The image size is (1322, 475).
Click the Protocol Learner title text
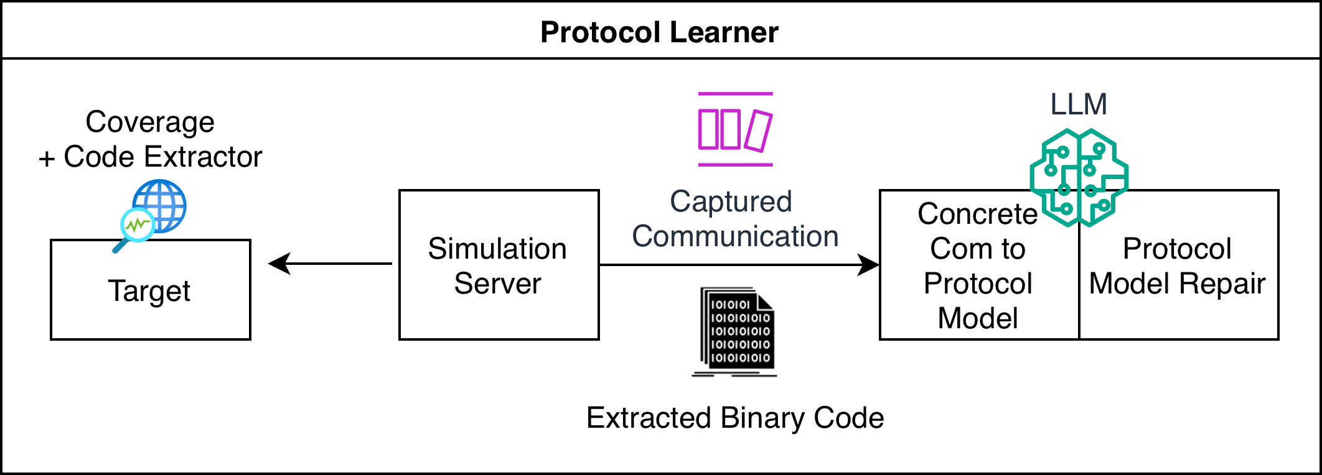[x=659, y=32]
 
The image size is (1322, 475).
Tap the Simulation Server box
[x=498, y=265]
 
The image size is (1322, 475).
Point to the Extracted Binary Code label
[x=735, y=418]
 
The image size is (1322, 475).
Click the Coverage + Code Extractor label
[x=150, y=139]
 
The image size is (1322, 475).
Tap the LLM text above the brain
[x=1079, y=104]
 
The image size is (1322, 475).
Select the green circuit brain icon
[x=1079, y=177]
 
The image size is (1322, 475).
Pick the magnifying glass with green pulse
[x=136, y=227]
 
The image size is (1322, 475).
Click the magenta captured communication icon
[x=735, y=129]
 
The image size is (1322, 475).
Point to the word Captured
[x=731, y=201]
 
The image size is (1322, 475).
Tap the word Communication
[x=735, y=236]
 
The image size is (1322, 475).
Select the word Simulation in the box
[x=497, y=249]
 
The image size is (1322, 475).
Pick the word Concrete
[x=977, y=214]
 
